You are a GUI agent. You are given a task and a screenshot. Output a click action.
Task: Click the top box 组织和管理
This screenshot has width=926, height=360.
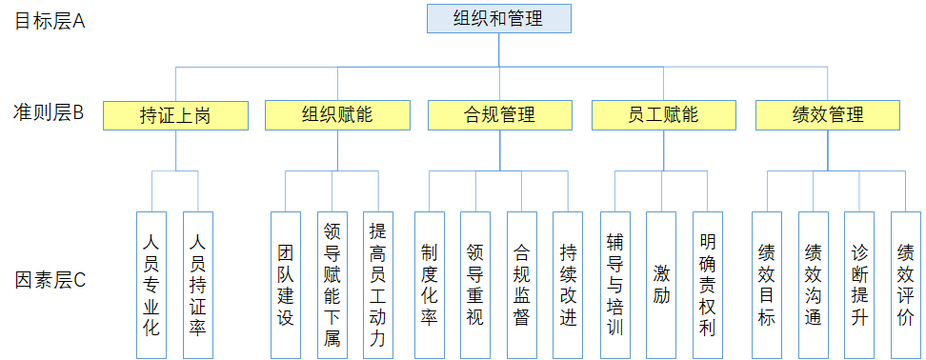[498, 18]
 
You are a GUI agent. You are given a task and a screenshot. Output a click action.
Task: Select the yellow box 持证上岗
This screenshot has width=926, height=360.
[175, 116]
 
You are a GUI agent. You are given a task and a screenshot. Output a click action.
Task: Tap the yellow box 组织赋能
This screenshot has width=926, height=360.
[337, 116]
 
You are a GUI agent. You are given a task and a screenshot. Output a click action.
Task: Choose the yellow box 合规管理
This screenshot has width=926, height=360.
[500, 116]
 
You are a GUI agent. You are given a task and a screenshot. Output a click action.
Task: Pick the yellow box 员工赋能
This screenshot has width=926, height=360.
[663, 116]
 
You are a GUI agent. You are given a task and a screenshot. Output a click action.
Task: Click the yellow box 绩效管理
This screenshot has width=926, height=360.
[827, 116]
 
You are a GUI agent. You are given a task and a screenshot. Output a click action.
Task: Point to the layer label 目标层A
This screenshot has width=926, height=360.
[50, 20]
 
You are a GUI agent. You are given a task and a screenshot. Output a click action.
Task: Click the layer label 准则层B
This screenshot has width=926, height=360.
[50, 113]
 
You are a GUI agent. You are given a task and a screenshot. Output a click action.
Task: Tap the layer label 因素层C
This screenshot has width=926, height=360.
[50, 280]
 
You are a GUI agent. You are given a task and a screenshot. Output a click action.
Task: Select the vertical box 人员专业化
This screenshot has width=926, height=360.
[151, 284]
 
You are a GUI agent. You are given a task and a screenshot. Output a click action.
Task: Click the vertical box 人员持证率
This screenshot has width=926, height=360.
[197, 284]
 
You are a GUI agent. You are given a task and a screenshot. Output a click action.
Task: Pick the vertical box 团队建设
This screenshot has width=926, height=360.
[286, 284]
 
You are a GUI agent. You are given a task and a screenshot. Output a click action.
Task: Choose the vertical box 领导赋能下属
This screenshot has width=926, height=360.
[332, 284]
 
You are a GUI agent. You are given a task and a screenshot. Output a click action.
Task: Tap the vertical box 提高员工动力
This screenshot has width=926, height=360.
[378, 284]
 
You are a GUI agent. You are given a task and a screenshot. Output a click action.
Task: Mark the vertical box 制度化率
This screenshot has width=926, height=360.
[429, 284]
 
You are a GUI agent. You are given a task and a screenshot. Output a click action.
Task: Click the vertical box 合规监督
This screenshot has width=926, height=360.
[521, 284]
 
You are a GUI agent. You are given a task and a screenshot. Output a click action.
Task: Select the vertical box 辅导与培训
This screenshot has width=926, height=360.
[614, 284]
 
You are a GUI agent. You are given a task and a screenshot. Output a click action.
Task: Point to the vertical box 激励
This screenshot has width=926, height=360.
[661, 284]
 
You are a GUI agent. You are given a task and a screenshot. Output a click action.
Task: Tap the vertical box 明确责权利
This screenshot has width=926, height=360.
[707, 284]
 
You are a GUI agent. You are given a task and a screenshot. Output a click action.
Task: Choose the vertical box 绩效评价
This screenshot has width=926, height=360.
[905, 284]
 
